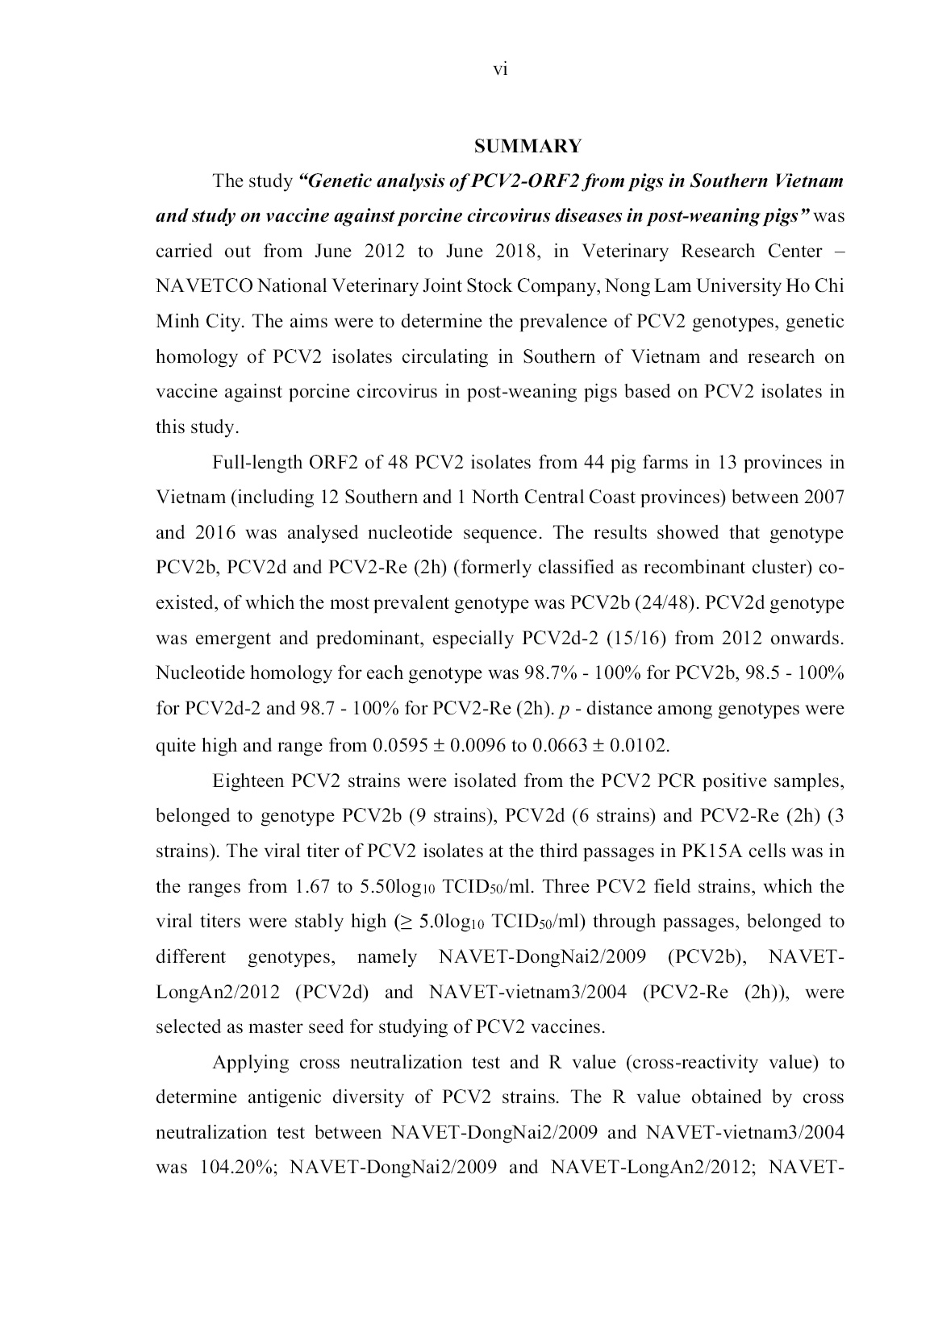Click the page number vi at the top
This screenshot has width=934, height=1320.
[500, 70]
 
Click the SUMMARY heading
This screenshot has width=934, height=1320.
[527, 146]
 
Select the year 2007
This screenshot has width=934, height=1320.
[824, 498]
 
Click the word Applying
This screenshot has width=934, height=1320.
[250, 1063]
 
